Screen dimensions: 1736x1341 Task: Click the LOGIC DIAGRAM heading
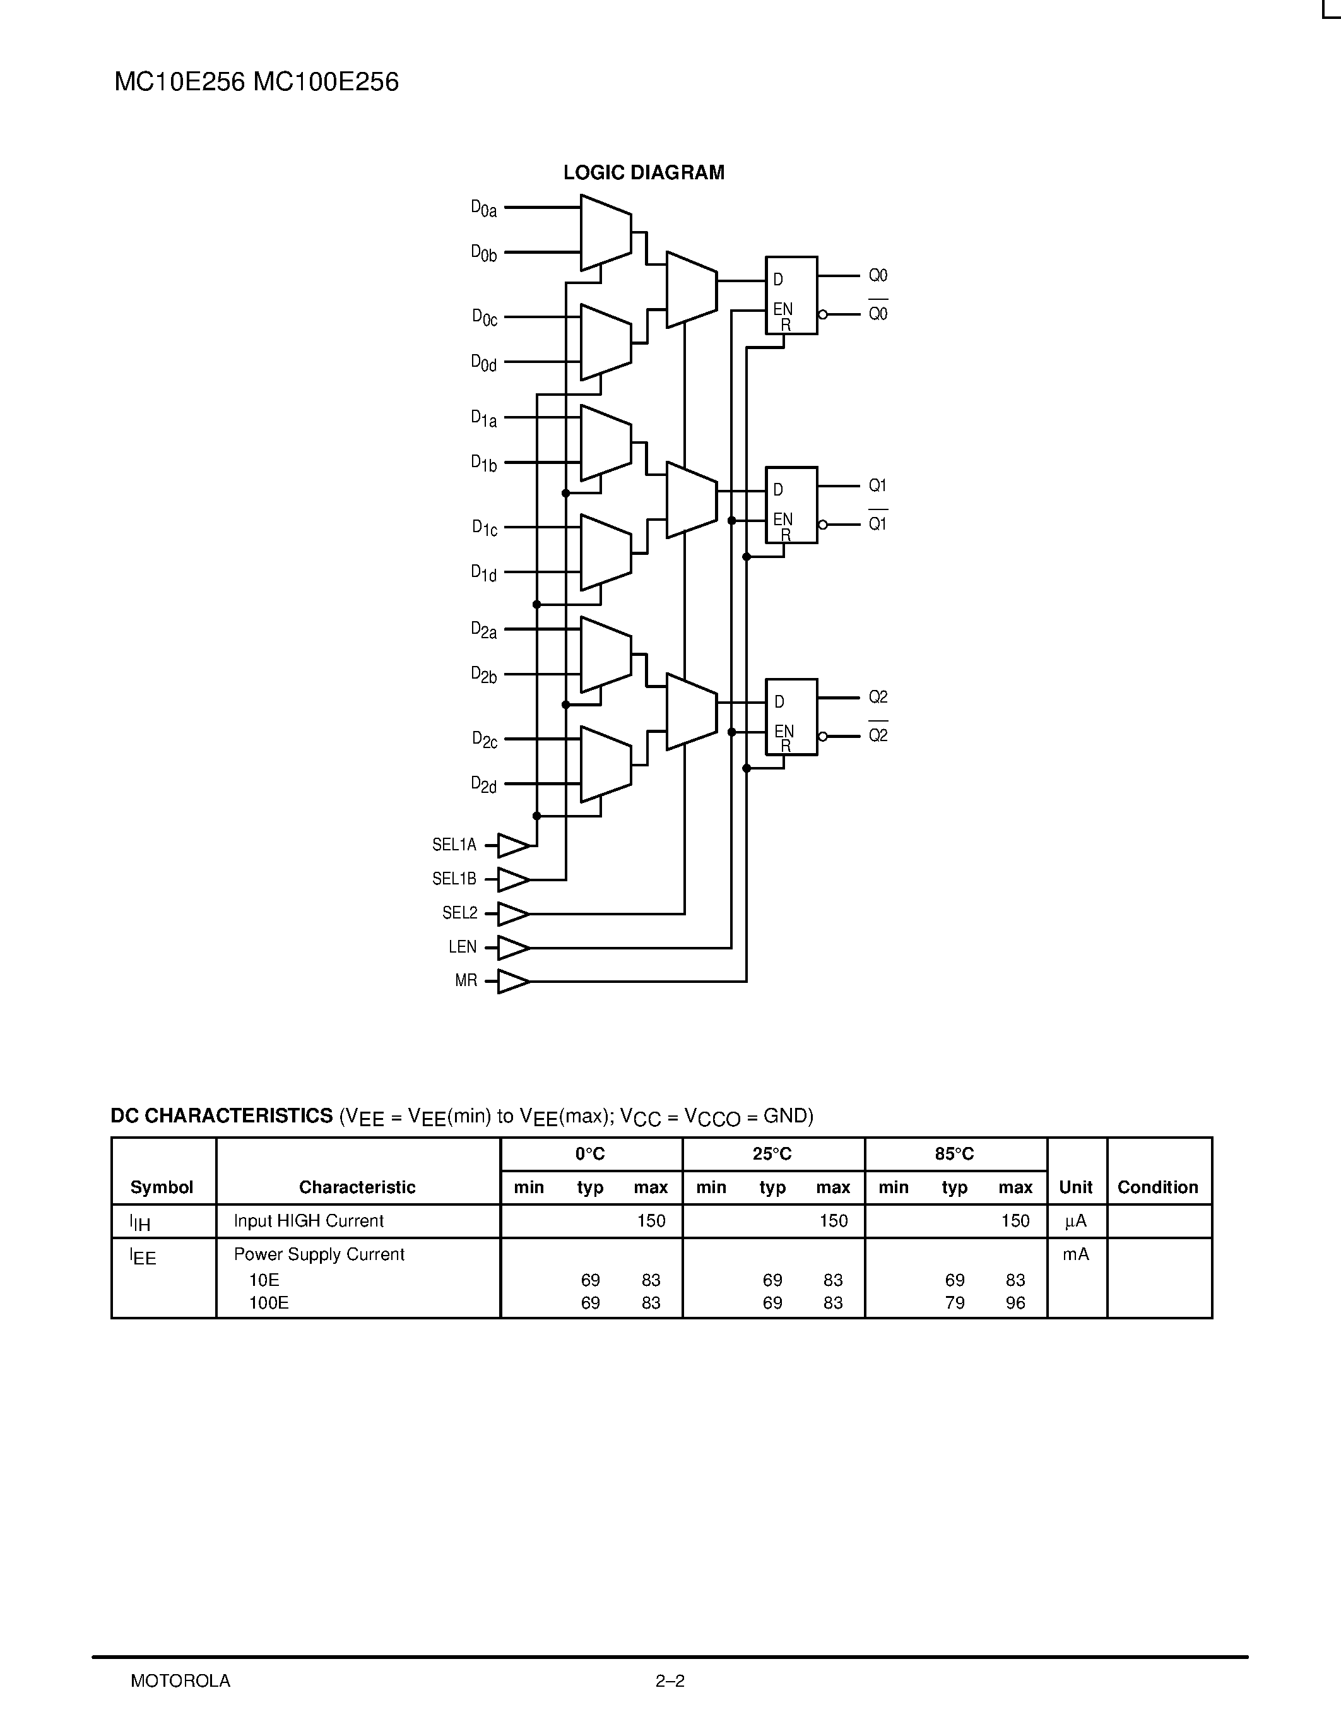644,172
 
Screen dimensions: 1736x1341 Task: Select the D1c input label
484,528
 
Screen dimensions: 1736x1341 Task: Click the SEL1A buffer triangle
512,846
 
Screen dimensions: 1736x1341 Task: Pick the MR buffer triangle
512,982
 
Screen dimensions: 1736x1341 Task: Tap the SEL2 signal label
460,913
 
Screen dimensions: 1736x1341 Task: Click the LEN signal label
463,948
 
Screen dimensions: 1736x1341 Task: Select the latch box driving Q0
791,295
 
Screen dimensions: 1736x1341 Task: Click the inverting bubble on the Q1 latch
822,525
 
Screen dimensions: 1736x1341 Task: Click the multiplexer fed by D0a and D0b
605,232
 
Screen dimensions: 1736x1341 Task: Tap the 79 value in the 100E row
954,1303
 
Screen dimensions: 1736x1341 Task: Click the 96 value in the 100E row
1015,1303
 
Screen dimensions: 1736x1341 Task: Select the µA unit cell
1076,1221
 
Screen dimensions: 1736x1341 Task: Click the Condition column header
1157,1187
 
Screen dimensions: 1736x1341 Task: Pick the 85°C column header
954,1154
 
